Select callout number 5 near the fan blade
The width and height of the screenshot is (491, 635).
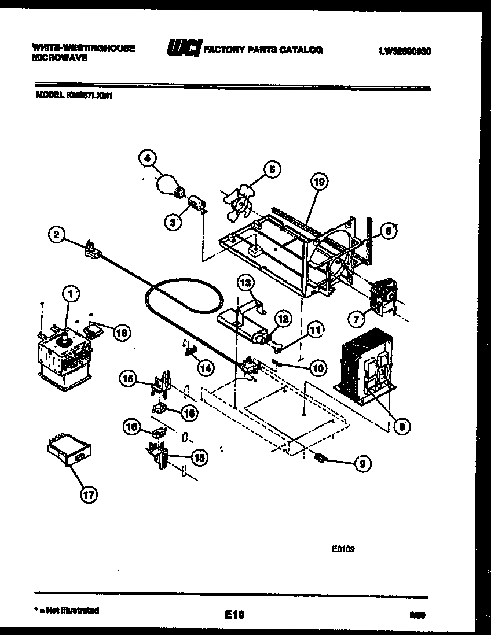(271, 169)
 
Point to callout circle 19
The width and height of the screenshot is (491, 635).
(318, 182)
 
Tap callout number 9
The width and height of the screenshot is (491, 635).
(363, 463)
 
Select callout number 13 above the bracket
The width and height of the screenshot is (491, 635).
(245, 283)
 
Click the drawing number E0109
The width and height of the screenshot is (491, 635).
(343, 550)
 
